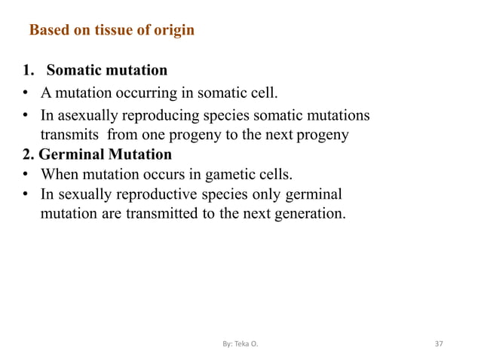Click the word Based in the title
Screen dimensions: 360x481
click(47, 31)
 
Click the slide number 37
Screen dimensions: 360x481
click(440, 344)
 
